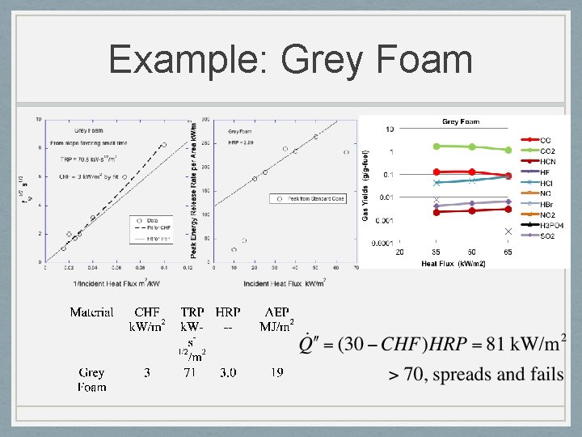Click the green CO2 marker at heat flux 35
coord(436,146)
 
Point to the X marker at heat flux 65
coord(508,231)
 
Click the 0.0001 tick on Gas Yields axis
coord(384,243)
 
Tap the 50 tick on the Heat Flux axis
coord(472,252)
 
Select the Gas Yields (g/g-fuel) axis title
coord(366,186)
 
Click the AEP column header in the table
coord(276,312)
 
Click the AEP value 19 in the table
coord(276,373)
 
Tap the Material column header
coord(91,312)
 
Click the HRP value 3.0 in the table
coord(228,373)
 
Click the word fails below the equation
coord(544,374)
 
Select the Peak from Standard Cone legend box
coord(311,198)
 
